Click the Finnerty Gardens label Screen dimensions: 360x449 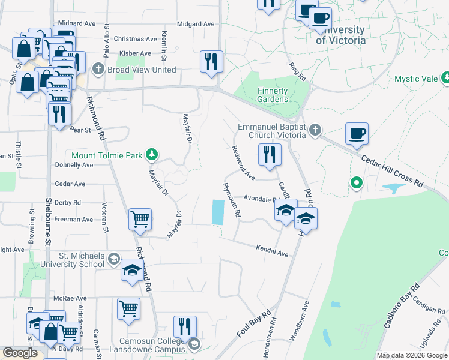[273, 95]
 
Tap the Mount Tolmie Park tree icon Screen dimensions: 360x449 [152, 155]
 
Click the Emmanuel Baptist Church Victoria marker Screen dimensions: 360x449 [315, 130]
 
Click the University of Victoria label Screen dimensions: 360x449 [340, 35]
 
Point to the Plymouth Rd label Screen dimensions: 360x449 [232, 200]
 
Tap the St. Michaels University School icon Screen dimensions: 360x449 [113, 260]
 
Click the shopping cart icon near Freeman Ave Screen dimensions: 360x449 [140, 219]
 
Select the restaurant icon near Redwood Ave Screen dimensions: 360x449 [269, 154]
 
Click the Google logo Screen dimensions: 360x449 [20, 353]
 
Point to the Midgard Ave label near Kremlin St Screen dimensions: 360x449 [196, 24]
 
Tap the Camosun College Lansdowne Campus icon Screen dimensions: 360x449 [194, 344]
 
